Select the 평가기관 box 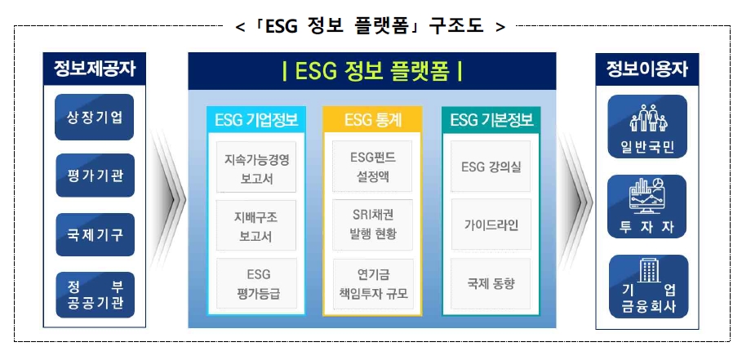pyautogui.click(x=95, y=176)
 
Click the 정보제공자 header pyautogui.click(x=95, y=70)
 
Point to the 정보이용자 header pyautogui.click(x=647, y=70)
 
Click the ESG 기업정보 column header pyautogui.click(x=255, y=121)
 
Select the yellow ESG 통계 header pyautogui.click(x=372, y=121)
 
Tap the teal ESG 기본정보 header pyautogui.click(x=491, y=121)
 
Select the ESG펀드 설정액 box pyautogui.click(x=372, y=168)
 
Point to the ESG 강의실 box pyautogui.click(x=491, y=167)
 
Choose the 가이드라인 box pyautogui.click(x=491, y=225)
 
